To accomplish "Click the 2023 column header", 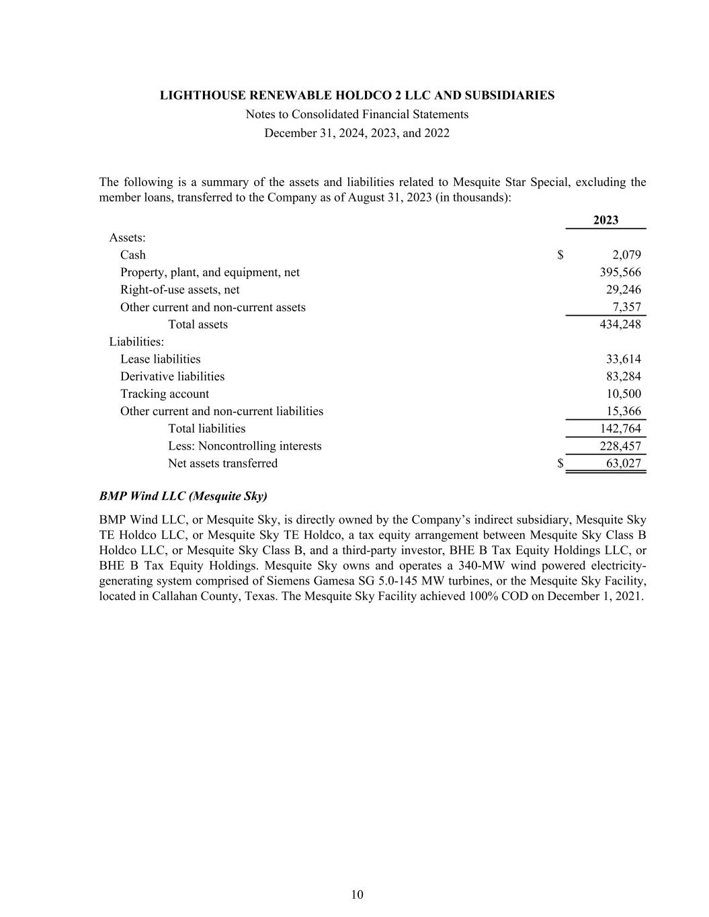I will pyautogui.click(x=606, y=220).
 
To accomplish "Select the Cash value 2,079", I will pyautogui.click(x=626, y=255).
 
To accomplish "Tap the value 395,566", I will pyautogui.click(x=620, y=272).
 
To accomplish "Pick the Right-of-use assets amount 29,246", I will pyautogui.click(x=623, y=290).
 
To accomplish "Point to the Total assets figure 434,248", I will pyautogui.click(x=620, y=324).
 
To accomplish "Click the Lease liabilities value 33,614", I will pyautogui.click(x=623, y=359).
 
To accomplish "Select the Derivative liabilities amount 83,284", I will pyautogui.click(x=623, y=376).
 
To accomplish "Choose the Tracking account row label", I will pyautogui.click(x=165, y=394).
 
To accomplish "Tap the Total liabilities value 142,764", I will pyautogui.click(x=620, y=429).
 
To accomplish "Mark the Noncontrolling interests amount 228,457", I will pyautogui.click(x=620, y=446).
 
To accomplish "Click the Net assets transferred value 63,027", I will pyautogui.click(x=623, y=464).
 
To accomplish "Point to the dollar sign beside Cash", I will pyautogui.click(x=560, y=255).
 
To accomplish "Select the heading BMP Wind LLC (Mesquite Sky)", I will pyautogui.click(x=183, y=496).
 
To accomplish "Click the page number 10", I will pyautogui.click(x=357, y=894).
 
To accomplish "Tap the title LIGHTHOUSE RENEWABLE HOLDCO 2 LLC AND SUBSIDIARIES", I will pyautogui.click(x=357, y=95).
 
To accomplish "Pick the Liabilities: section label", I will pyautogui.click(x=136, y=342).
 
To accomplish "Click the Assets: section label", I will pyautogui.click(x=128, y=238).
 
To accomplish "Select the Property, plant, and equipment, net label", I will pyautogui.click(x=210, y=272).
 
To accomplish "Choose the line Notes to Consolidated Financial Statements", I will pyautogui.click(x=357, y=114).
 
